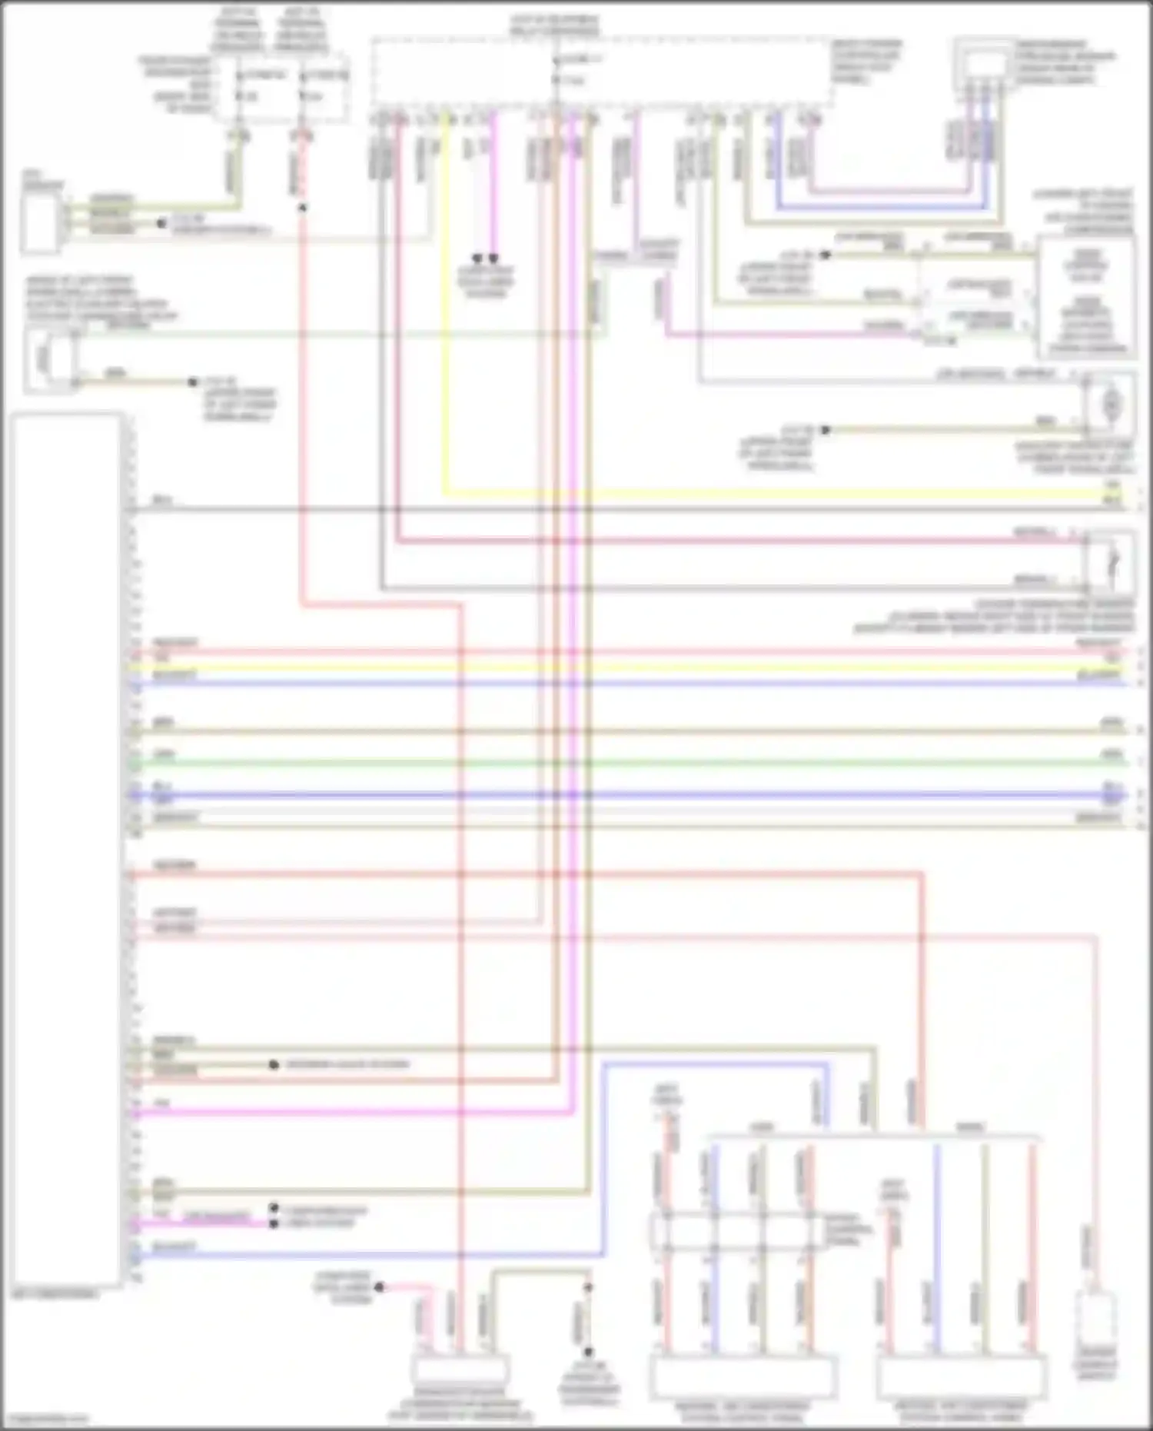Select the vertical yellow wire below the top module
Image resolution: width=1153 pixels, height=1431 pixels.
tap(444, 308)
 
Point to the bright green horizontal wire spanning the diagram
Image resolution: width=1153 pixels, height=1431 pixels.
tap(615, 763)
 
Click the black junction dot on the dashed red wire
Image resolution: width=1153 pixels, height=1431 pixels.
tap(303, 208)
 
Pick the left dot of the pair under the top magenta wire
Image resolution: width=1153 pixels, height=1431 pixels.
tap(477, 258)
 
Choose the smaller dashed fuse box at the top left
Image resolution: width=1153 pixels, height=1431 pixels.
tap(281, 88)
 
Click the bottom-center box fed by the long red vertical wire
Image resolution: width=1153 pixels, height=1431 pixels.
tap(460, 1369)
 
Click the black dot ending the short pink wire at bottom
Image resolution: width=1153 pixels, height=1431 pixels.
tap(379, 1286)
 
